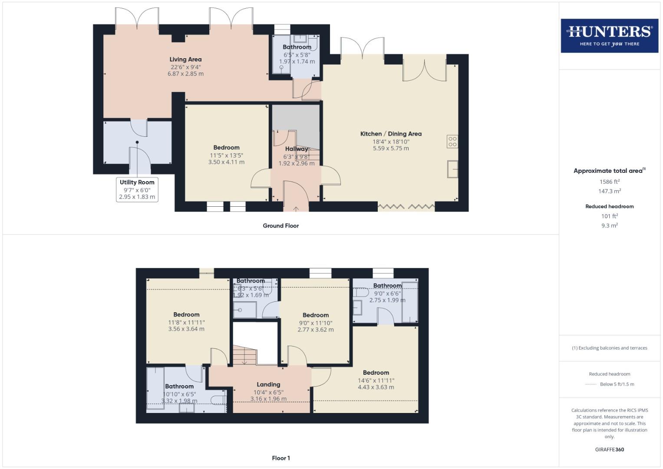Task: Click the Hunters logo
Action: (609, 36)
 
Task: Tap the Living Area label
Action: (185, 59)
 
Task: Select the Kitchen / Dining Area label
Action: (391, 134)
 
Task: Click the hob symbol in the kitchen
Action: (452, 142)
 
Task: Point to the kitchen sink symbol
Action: (452, 169)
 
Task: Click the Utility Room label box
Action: (137, 189)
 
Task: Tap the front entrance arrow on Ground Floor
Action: (296, 208)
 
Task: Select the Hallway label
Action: (296, 149)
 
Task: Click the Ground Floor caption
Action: (280, 226)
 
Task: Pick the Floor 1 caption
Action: (280, 458)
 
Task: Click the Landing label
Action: (268, 384)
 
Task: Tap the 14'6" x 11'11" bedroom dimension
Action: (376, 380)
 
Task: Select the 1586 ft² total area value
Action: (609, 182)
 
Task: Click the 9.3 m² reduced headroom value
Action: (609, 225)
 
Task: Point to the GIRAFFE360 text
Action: (609, 449)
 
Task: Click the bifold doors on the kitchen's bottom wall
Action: (406, 207)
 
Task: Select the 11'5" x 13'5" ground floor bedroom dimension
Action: (226, 155)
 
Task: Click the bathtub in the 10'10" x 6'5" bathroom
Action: (155, 386)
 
